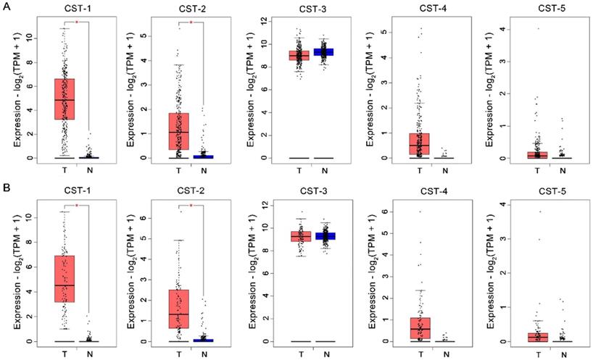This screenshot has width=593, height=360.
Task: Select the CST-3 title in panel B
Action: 300,193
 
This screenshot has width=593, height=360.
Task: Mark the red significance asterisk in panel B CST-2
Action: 192,206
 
